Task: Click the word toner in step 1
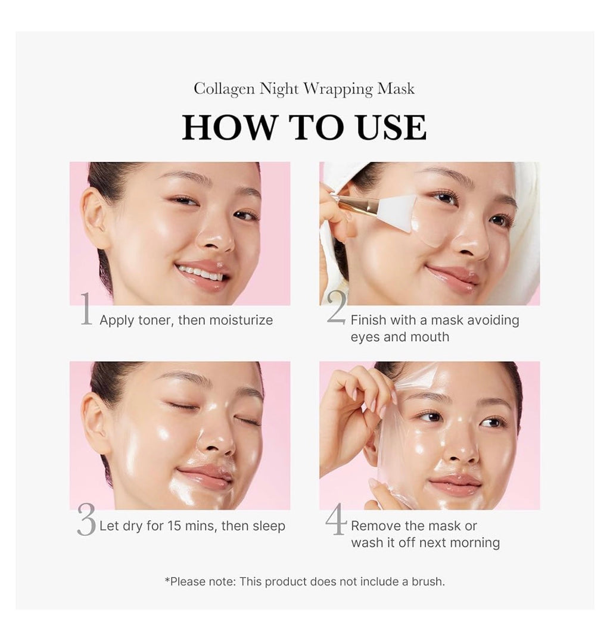coord(154,320)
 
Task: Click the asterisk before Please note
coord(167,580)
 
